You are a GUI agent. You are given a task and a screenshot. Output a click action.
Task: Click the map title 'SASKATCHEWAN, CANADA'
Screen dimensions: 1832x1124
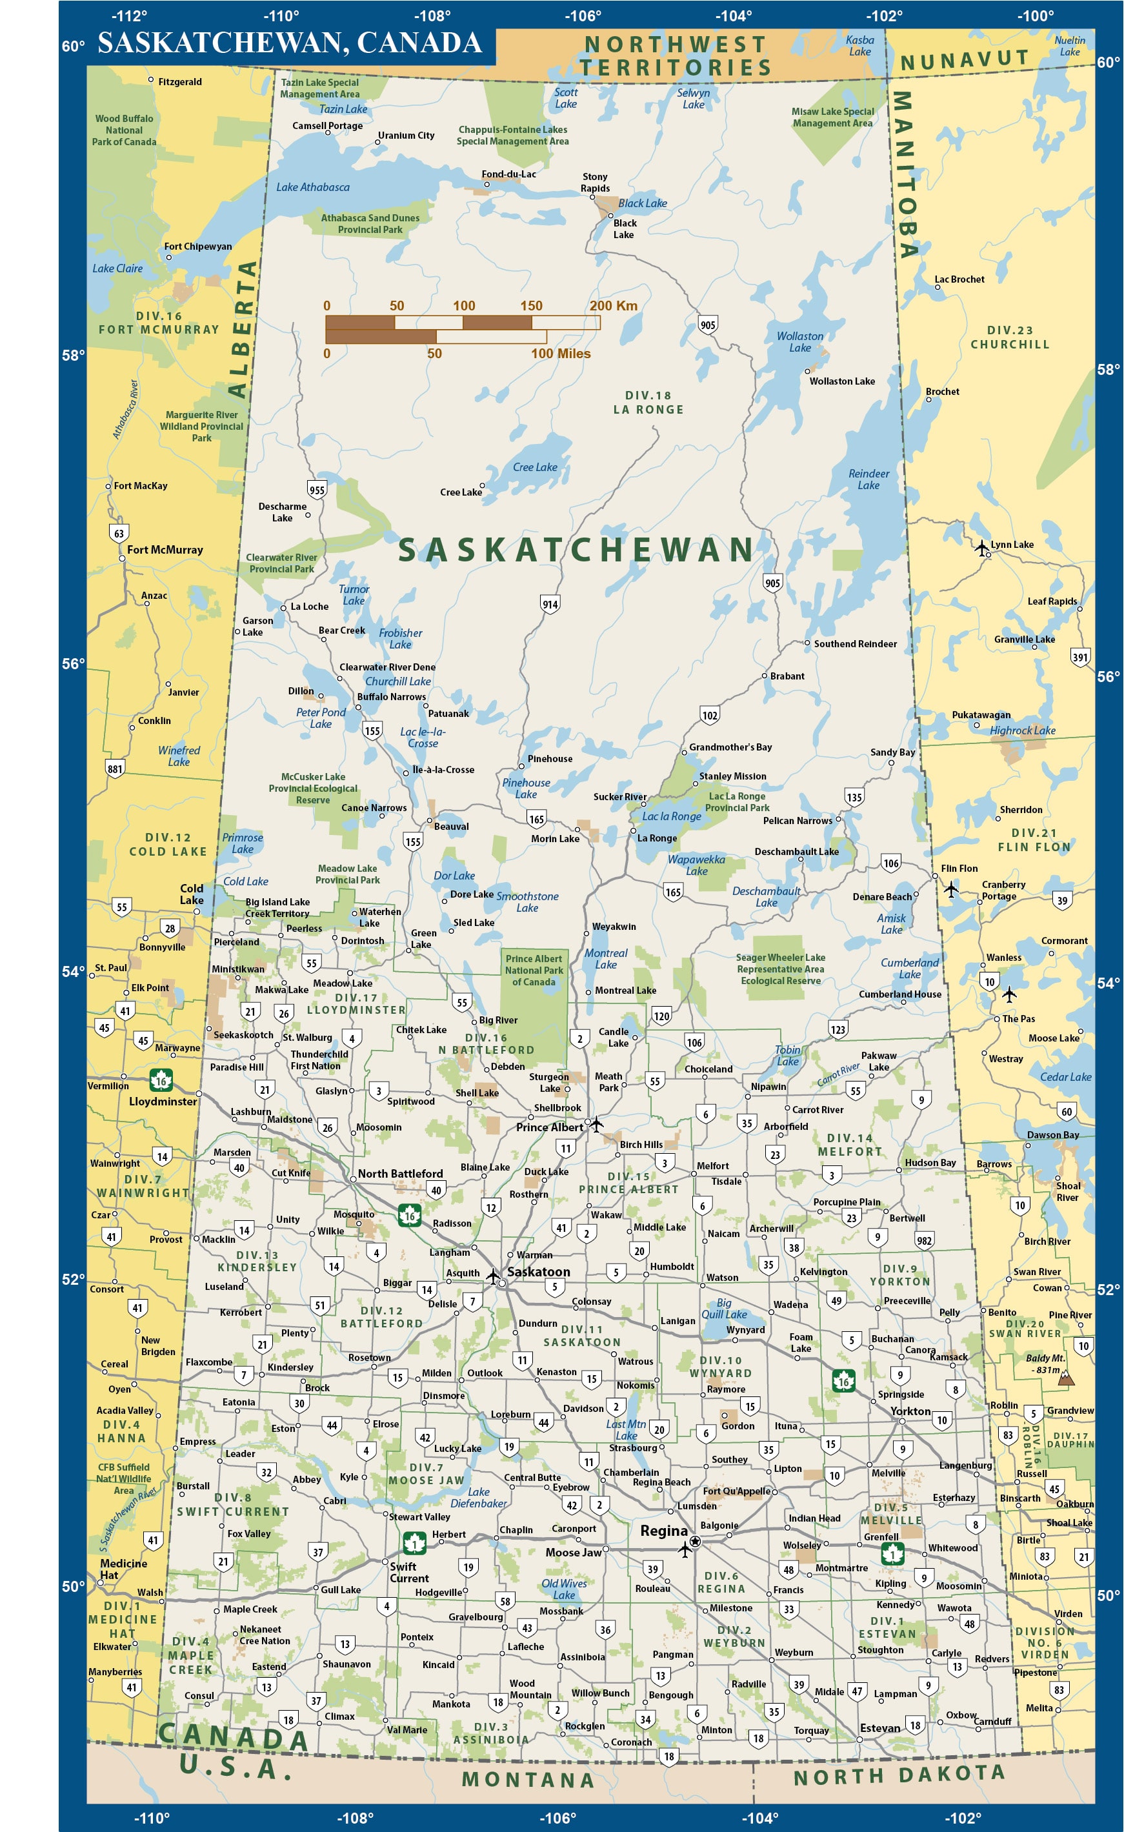click(289, 43)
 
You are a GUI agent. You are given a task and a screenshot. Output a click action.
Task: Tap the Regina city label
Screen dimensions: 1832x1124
click(664, 1530)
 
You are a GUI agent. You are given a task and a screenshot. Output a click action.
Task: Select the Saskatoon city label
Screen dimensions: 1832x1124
click(538, 1271)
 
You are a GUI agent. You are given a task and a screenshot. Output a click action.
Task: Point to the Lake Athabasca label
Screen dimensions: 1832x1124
click(312, 187)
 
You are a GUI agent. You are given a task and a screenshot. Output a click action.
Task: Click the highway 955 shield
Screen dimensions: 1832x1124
click(317, 489)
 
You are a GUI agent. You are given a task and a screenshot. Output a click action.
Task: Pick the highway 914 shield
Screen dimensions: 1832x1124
click(550, 604)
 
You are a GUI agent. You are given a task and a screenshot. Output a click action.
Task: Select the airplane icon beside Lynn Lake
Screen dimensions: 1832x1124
click(982, 548)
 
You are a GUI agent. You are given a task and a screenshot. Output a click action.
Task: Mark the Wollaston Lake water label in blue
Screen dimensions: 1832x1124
click(800, 341)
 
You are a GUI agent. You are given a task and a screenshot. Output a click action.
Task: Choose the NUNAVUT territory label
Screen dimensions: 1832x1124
click(964, 59)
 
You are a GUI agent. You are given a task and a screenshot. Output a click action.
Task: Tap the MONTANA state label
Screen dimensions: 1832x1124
click(528, 1779)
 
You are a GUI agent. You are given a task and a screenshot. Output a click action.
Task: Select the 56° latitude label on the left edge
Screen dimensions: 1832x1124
click(73, 663)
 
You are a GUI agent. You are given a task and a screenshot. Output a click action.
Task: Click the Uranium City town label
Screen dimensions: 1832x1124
click(406, 136)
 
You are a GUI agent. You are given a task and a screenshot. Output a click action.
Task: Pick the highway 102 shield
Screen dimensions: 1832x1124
click(710, 715)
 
